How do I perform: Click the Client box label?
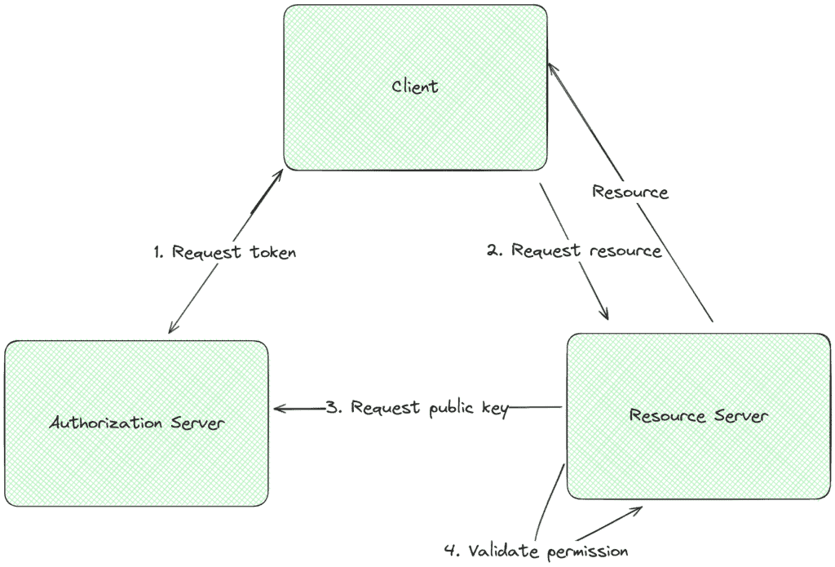(414, 86)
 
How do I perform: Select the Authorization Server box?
(136, 423)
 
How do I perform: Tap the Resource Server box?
(698, 416)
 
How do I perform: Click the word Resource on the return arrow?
(630, 193)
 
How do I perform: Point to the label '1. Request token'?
(224, 253)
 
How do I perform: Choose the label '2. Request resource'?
(574, 250)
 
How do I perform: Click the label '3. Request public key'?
(417, 408)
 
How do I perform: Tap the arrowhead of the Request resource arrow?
(605, 315)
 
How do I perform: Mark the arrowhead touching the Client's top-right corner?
(550, 65)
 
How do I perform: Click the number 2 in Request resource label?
(493, 250)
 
